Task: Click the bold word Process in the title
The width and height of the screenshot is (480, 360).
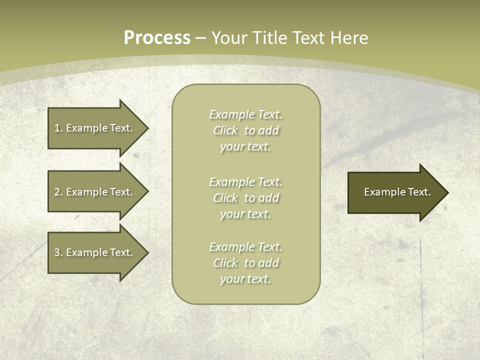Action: pyautogui.click(x=157, y=38)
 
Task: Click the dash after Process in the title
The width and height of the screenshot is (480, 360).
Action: pyautogui.click(x=201, y=38)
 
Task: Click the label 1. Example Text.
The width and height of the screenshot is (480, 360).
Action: pyautogui.click(x=93, y=128)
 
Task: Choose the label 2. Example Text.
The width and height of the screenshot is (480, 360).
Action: pyautogui.click(x=93, y=192)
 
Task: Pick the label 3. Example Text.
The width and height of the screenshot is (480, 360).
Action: pyautogui.click(x=93, y=252)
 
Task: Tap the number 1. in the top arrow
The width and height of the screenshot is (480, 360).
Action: pyautogui.click(x=58, y=128)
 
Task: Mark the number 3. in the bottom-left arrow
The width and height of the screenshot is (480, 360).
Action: pyautogui.click(x=58, y=252)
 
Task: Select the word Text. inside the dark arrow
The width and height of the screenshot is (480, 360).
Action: pyautogui.click(x=419, y=192)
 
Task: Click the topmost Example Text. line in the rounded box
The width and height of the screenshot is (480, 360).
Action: pyautogui.click(x=245, y=114)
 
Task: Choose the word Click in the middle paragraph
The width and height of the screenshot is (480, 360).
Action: pyautogui.click(x=225, y=198)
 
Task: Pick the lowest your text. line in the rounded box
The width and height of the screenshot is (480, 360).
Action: pyautogui.click(x=245, y=279)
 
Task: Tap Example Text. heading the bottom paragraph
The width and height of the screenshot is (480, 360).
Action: pyautogui.click(x=245, y=247)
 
